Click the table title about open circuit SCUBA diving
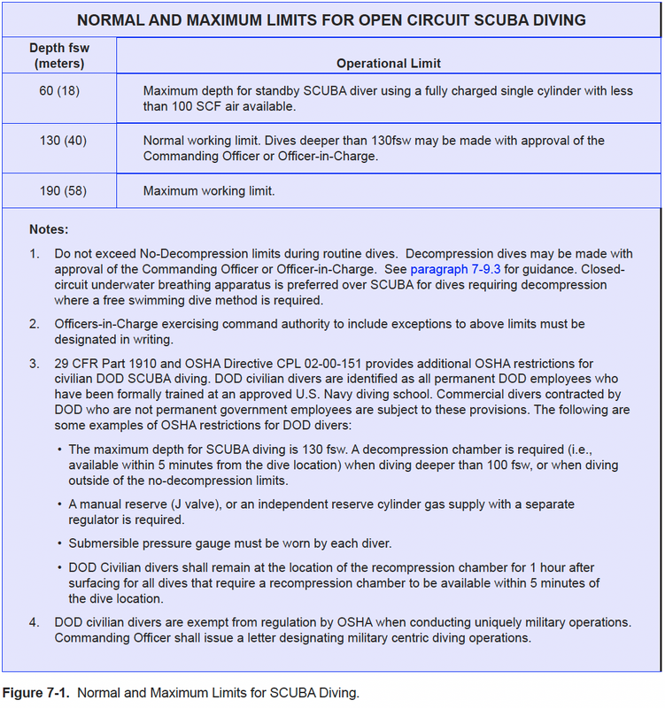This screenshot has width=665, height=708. pyautogui.click(x=332, y=19)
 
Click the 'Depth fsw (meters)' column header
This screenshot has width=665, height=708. pyautogui.click(x=58, y=56)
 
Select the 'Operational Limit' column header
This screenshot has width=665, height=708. pyautogui.click(x=389, y=64)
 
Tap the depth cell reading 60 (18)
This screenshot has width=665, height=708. pyautogui.click(x=58, y=90)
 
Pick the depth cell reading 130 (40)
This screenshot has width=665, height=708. pyautogui.click(x=63, y=141)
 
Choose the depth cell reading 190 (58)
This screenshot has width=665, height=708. pyautogui.click(x=63, y=190)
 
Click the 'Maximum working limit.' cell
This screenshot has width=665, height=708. pyautogui.click(x=209, y=190)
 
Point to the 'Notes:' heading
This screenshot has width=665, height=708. pyautogui.click(x=49, y=229)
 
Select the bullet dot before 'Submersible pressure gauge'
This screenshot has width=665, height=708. pyautogui.click(x=59, y=543)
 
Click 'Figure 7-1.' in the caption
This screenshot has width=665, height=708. pyautogui.click(x=36, y=692)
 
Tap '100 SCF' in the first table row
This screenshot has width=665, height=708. pyautogui.click(x=190, y=106)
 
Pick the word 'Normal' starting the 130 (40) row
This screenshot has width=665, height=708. pyautogui.click(x=164, y=141)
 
